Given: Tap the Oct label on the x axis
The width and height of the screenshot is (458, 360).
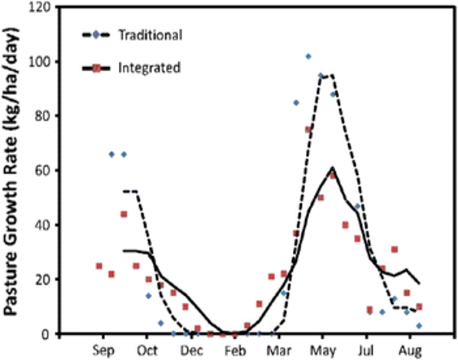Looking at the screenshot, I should coord(147,349).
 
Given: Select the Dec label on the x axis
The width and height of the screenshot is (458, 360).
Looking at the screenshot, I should coord(190,349).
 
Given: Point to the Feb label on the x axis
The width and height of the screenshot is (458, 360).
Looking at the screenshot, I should coord(234,349).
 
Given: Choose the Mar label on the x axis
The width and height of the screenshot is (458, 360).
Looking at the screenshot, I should coord(278,349).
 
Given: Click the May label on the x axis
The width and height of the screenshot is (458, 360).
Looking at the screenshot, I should coord(322,349).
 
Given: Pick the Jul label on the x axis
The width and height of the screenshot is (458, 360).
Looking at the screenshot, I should coord(367,349).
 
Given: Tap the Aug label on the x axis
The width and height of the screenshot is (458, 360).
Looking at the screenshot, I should coord(410,349).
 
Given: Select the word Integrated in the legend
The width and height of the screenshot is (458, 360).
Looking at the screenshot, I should coord(149,68).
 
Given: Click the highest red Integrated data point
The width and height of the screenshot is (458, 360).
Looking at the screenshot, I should coord(309,129).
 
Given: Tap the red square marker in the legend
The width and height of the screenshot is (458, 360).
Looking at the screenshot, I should coord(96,68).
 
